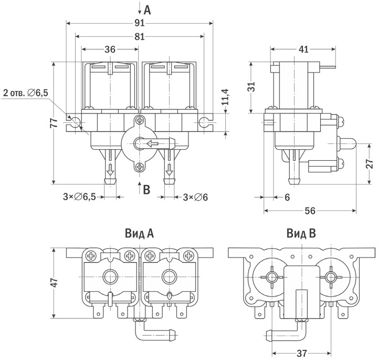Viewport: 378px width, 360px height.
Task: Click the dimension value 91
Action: [x=139, y=23]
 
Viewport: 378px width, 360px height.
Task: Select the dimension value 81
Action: [x=139, y=36]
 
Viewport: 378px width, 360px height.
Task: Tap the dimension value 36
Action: [x=110, y=49]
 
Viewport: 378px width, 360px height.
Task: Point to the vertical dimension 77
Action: [x=53, y=123]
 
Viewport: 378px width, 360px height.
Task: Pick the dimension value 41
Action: [x=303, y=49]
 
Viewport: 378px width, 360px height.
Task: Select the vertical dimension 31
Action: [x=251, y=86]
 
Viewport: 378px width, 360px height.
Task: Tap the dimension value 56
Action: [x=310, y=211]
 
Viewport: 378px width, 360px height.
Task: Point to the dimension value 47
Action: [x=54, y=283]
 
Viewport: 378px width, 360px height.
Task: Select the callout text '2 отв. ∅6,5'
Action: [x=26, y=93]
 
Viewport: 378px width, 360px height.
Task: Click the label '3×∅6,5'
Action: [x=79, y=197]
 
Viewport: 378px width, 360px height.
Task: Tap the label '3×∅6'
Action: [x=195, y=197]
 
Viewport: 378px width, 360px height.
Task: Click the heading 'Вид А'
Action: [x=139, y=232]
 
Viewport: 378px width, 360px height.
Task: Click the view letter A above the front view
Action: [x=147, y=9]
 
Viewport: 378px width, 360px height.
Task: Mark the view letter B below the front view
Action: [x=147, y=189]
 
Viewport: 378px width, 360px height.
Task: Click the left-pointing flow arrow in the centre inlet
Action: [x=152, y=143]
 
